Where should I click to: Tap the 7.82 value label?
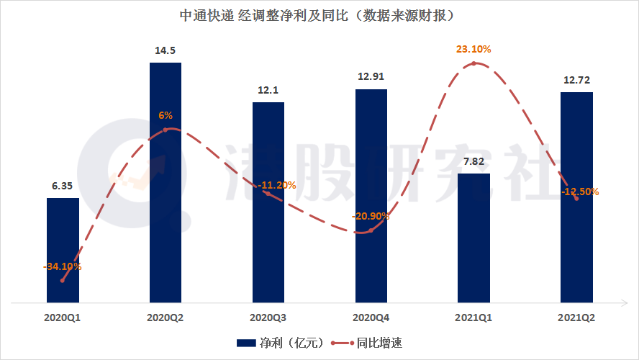tap(473, 161)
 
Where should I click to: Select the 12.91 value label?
tap(371, 76)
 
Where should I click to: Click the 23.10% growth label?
tap(473, 50)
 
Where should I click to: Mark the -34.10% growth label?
tap(63, 266)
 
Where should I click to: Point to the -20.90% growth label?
tap(371, 216)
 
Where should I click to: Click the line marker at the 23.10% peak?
tap(473, 63)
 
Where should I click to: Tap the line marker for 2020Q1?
tap(63, 280)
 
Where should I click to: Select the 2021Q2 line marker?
tap(576, 198)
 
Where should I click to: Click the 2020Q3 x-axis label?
tap(268, 316)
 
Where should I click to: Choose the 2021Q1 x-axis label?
tap(473, 316)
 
